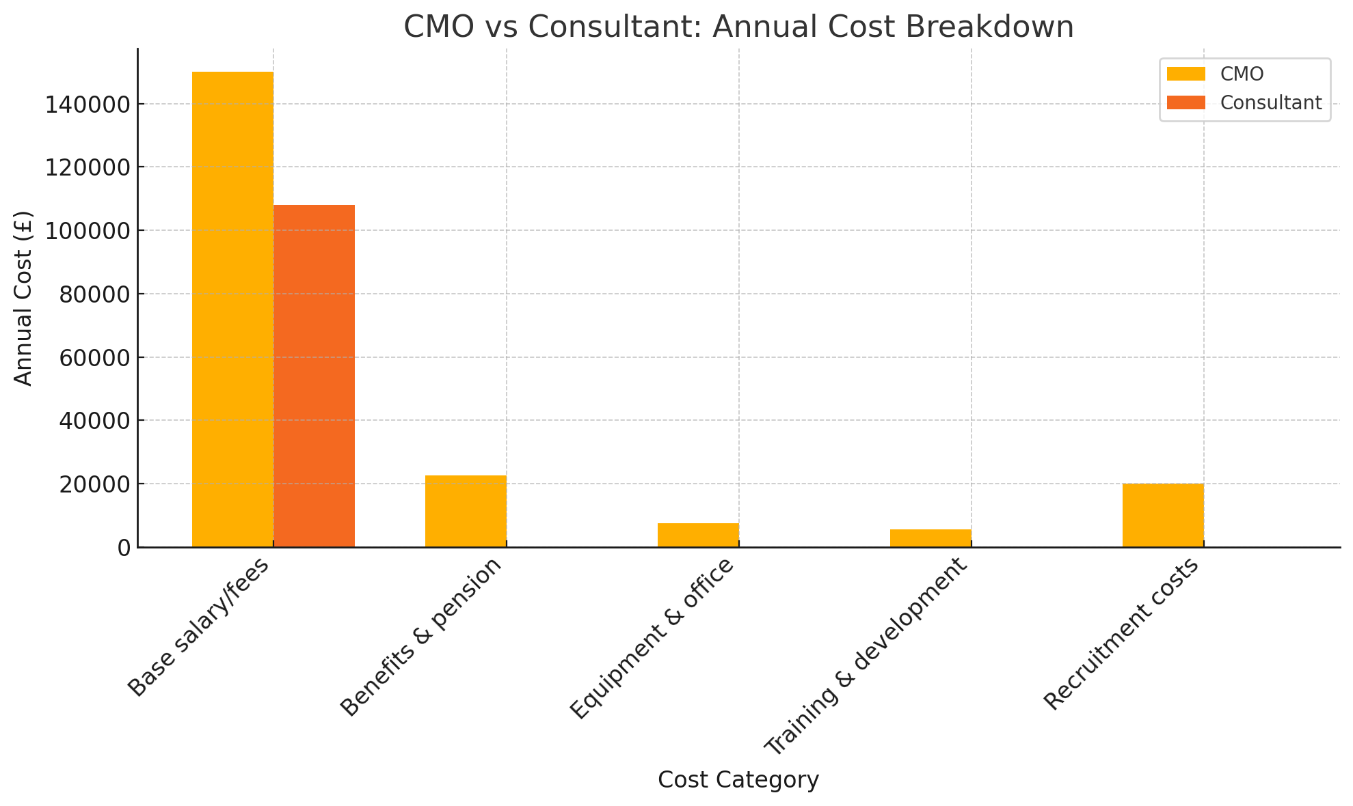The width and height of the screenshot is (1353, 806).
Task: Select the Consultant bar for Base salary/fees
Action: tap(314, 376)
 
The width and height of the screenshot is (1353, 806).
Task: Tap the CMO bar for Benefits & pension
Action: tap(466, 511)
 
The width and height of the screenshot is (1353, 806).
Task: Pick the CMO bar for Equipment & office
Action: tap(698, 535)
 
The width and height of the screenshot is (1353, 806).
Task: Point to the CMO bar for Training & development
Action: tap(930, 538)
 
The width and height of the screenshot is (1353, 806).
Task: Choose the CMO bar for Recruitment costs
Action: tap(1163, 515)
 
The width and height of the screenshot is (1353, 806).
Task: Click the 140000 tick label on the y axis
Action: tap(87, 105)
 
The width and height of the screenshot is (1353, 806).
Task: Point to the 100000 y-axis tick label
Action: tap(87, 231)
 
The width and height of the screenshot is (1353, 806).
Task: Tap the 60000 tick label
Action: tap(94, 358)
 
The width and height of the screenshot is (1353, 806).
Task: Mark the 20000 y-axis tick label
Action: tap(94, 484)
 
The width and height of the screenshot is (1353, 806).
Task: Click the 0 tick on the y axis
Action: tap(124, 548)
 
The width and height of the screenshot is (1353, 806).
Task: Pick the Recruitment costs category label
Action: tap(1121, 634)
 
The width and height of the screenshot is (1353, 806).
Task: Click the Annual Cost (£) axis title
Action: tap(23, 298)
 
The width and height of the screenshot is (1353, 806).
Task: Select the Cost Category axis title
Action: tap(738, 780)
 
